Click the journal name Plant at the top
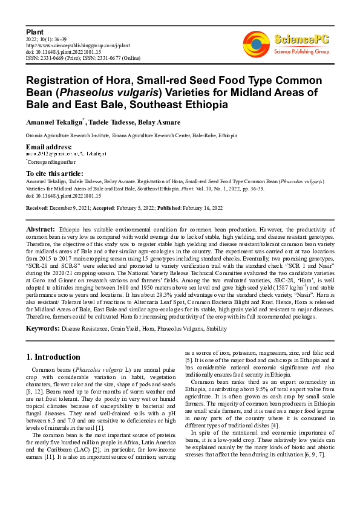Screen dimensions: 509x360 pyautogui.click(x=34, y=31)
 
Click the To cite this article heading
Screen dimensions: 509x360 pyautogui.click(x=56, y=173)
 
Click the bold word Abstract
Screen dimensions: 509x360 pyautogui.click(x=41, y=230)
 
